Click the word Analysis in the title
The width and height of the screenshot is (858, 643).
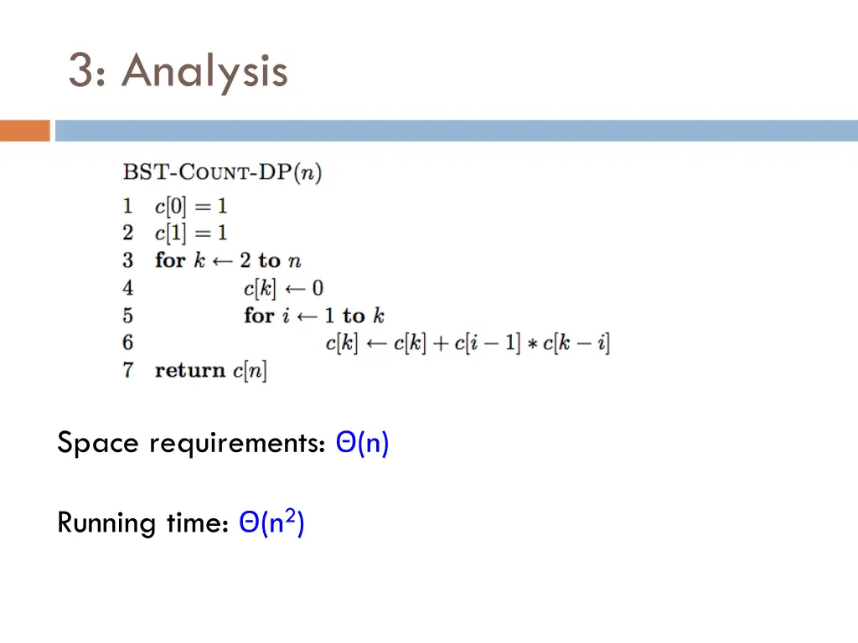click(x=204, y=71)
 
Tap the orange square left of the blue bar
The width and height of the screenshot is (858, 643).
click(x=25, y=131)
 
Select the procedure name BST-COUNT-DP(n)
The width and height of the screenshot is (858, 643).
click(x=223, y=173)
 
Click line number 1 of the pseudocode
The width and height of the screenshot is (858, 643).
click(x=128, y=206)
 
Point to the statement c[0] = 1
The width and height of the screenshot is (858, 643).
click(x=191, y=206)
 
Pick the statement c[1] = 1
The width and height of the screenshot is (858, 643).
click(x=191, y=233)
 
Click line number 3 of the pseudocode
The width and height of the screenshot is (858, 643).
click(x=128, y=260)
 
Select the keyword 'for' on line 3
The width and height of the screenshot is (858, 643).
click(x=170, y=260)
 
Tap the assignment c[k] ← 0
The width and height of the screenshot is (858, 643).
click(x=283, y=288)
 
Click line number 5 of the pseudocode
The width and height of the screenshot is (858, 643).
click(x=128, y=316)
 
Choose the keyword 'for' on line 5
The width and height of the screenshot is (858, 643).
click(x=259, y=316)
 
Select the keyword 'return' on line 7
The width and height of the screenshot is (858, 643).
click(x=190, y=370)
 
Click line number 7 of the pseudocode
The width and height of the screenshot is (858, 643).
click(x=128, y=370)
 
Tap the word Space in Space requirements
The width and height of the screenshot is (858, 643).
click(x=97, y=443)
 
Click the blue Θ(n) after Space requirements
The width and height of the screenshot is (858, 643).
click(x=362, y=443)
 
